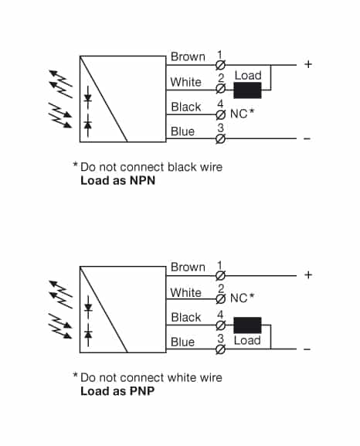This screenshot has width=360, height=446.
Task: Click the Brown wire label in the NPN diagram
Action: click(x=188, y=56)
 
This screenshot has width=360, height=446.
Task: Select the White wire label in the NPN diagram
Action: click(x=185, y=82)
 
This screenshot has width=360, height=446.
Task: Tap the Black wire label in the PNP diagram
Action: click(x=186, y=317)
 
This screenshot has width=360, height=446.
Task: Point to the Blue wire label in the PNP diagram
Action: click(x=183, y=342)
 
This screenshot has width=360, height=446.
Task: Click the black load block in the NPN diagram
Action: click(x=247, y=90)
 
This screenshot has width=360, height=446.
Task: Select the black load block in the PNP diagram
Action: click(x=247, y=325)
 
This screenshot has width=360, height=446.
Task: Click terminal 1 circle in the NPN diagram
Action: click(x=220, y=64)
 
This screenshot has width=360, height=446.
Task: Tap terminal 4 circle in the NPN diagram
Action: click(x=220, y=114)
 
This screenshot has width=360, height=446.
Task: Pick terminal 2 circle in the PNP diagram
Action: click(x=220, y=299)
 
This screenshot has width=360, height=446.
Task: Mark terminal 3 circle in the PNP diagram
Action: click(x=220, y=349)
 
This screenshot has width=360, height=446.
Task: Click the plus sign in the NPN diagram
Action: click(x=308, y=64)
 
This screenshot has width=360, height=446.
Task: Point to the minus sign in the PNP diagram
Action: click(x=307, y=349)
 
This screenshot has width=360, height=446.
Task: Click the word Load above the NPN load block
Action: click(x=248, y=76)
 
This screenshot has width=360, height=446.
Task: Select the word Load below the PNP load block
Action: click(x=247, y=340)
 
